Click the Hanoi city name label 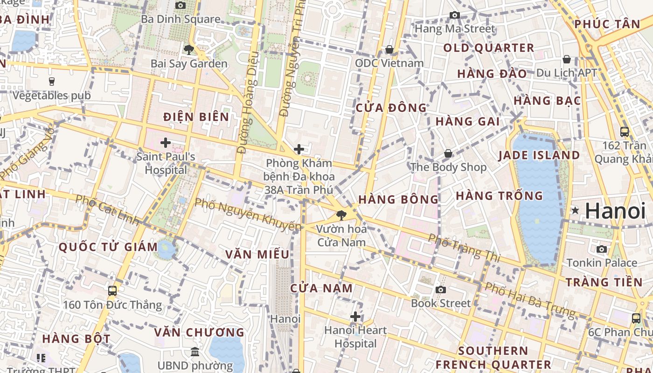(x=615, y=211)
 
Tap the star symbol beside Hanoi (x=575, y=211)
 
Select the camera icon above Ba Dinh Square (x=181, y=5)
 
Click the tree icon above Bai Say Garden (x=188, y=49)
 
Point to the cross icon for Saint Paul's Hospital (x=165, y=143)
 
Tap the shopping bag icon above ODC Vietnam (x=389, y=49)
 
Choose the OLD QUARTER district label (x=488, y=48)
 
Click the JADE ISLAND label (x=539, y=155)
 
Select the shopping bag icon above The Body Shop (x=448, y=153)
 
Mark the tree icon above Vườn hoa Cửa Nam (x=341, y=215)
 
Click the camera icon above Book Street (x=440, y=290)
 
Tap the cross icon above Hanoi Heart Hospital (x=355, y=317)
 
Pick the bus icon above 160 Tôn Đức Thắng (x=112, y=291)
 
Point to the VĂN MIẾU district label (x=257, y=255)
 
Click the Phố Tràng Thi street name (x=464, y=247)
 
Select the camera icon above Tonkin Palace (x=602, y=249)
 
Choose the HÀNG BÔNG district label (x=398, y=200)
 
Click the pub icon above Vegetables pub (x=52, y=82)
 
